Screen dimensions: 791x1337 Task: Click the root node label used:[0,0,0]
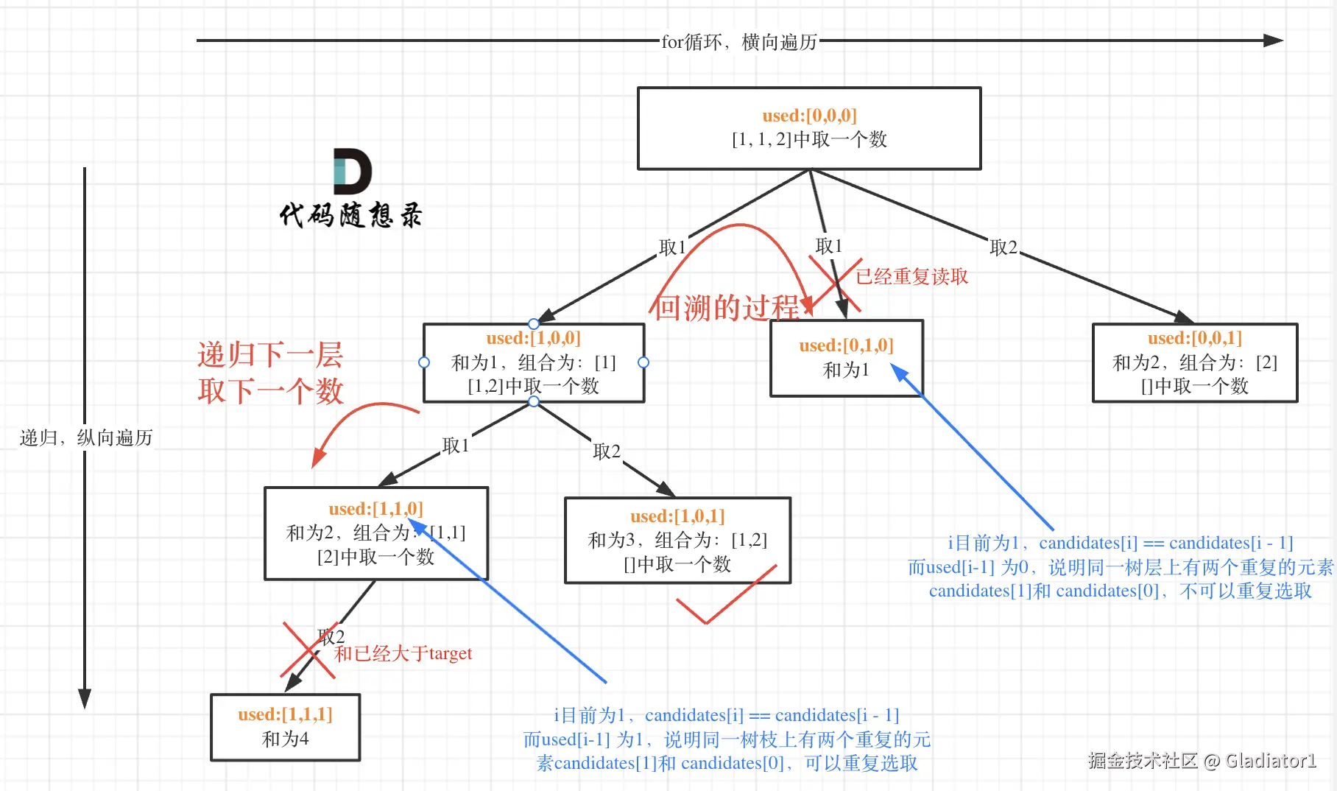(x=809, y=116)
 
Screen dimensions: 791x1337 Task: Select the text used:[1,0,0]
(x=533, y=339)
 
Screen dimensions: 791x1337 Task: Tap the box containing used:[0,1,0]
(x=846, y=358)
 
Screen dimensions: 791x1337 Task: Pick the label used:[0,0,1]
(x=1194, y=339)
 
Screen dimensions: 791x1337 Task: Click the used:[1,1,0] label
(x=375, y=509)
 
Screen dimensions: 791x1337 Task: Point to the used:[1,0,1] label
(x=677, y=516)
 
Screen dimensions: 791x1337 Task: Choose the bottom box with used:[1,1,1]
(x=285, y=727)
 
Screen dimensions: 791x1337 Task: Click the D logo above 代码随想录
(x=352, y=172)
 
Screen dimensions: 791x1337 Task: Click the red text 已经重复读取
(x=911, y=277)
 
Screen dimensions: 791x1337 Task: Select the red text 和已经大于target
(x=403, y=654)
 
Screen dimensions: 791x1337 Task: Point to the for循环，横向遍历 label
(x=739, y=42)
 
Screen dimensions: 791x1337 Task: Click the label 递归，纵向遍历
(x=85, y=438)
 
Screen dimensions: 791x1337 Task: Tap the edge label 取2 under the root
(x=1003, y=247)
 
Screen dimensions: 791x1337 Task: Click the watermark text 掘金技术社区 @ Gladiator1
(x=1202, y=761)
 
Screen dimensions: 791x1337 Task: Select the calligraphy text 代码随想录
(x=350, y=215)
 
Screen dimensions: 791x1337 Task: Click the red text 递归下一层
(x=270, y=355)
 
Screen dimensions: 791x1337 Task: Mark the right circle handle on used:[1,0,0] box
(x=643, y=362)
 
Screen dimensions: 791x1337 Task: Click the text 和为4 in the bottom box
(x=285, y=739)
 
